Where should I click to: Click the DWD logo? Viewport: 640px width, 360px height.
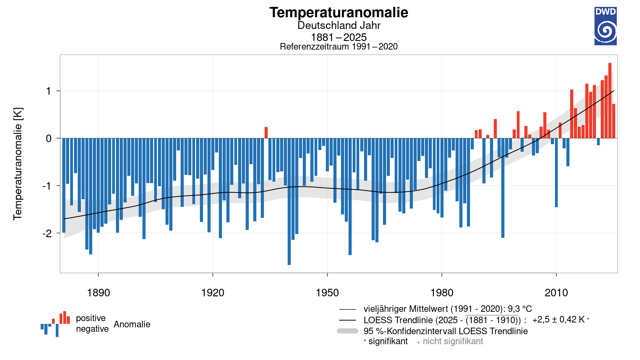click(x=605, y=26)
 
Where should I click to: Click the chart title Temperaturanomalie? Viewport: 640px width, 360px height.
click(x=339, y=13)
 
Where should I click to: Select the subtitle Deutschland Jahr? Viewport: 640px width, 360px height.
click(x=339, y=25)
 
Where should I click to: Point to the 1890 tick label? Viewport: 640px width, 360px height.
click(x=98, y=293)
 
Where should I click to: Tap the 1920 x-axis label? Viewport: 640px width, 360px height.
click(x=213, y=293)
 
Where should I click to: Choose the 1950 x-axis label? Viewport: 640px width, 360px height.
click(x=327, y=293)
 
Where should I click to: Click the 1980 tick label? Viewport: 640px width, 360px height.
click(x=442, y=293)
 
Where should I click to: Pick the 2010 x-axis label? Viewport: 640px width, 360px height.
click(x=556, y=293)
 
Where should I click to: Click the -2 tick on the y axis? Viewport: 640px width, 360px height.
click(x=47, y=233)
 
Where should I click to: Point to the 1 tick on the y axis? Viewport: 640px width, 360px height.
click(x=49, y=91)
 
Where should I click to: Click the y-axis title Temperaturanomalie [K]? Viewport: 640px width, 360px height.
click(x=18, y=164)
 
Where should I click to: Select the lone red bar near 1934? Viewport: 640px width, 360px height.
click(x=266, y=133)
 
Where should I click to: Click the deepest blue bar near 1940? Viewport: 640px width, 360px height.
click(x=289, y=201)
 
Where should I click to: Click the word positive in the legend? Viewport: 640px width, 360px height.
click(x=90, y=318)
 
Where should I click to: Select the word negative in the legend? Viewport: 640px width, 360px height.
click(x=92, y=329)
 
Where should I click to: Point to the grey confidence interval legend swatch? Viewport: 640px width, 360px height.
click(x=348, y=331)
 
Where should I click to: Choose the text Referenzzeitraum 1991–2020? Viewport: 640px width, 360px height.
click(x=339, y=47)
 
